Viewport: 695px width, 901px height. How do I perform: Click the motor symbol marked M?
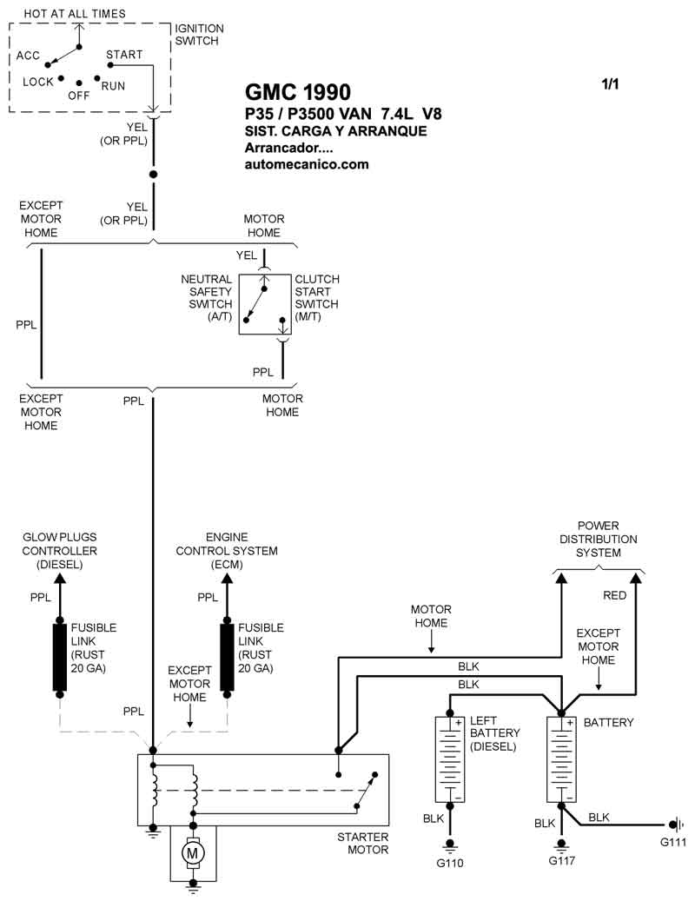coord(191,853)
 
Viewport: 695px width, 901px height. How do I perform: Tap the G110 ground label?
coord(450,864)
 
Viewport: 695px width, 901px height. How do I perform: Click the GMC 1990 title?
coord(298,93)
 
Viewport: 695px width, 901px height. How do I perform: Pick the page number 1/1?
coord(611,85)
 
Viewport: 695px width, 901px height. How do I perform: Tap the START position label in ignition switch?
coord(124,55)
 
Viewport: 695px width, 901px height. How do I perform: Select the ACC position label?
coord(29,56)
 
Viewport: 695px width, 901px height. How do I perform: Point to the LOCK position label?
coord(38,82)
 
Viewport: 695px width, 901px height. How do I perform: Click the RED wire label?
coord(614,595)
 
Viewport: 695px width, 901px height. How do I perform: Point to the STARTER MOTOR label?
coord(362,843)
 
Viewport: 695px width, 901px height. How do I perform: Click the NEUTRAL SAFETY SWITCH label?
coord(206,298)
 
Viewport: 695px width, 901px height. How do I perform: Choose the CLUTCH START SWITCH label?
coord(317,298)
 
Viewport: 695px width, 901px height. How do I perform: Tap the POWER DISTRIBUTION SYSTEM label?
coord(598,539)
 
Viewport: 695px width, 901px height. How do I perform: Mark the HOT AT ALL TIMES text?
coord(74,14)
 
